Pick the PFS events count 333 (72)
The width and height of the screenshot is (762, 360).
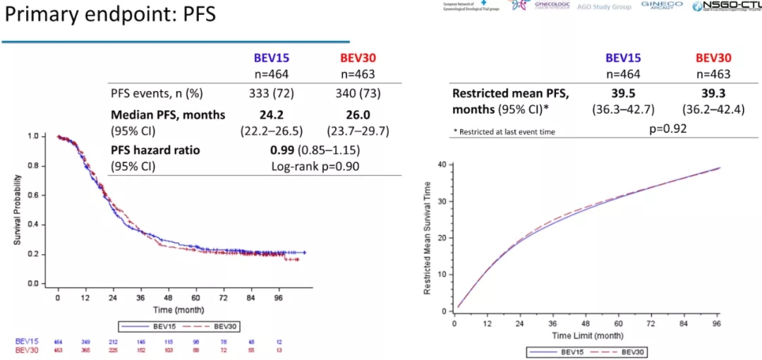[271, 94]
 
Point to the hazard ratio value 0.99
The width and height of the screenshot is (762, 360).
[282, 150]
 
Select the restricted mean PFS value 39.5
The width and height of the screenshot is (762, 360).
[623, 93]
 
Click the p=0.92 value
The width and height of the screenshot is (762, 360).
[667, 128]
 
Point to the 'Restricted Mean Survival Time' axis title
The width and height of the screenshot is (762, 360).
[428, 238]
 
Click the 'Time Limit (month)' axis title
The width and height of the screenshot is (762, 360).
[587, 335]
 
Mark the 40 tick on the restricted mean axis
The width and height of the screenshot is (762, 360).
[442, 164]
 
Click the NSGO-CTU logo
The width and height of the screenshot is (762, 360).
[727, 6]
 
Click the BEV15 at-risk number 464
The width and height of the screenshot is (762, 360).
[58, 341]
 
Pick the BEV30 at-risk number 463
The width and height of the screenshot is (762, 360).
[58, 349]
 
